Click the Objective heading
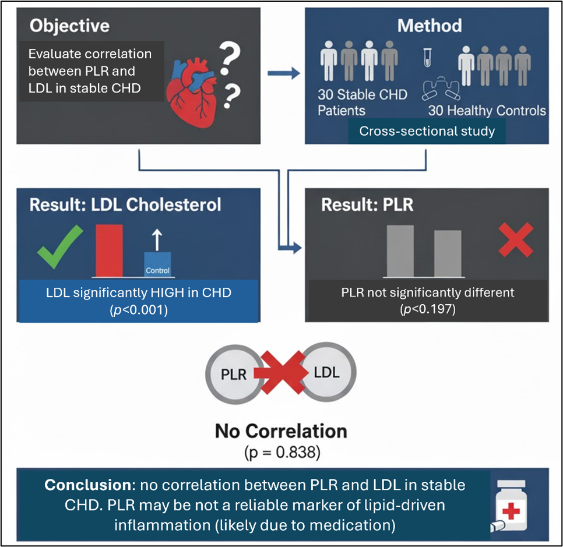[x=69, y=26]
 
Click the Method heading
[x=429, y=26]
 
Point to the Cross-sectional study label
[x=427, y=131]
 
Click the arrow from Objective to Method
[x=283, y=73]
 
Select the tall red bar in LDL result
[x=109, y=250]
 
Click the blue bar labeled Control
[x=157, y=265]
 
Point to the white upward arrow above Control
[x=156, y=239]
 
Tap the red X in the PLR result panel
[x=516, y=240]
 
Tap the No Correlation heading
[x=281, y=431]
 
